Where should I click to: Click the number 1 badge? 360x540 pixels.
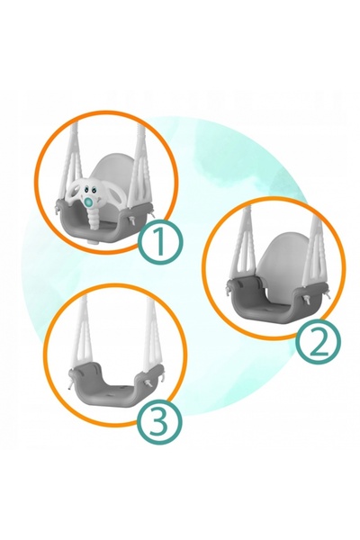(x=160, y=242)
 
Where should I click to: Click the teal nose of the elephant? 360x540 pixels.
(x=90, y=201)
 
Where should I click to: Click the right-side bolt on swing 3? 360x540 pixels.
(x=149, y=383)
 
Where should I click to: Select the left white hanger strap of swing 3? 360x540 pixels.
(x=82, y=331)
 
